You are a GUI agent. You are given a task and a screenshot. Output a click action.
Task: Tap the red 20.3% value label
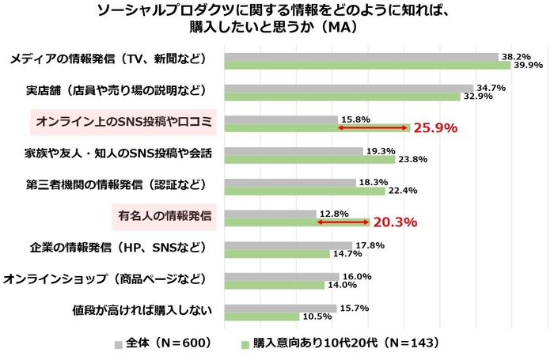pyautogui.click(x=395, y=222)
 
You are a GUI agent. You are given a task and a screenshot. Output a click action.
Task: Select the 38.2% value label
pyautogui.click(x=516, y=57)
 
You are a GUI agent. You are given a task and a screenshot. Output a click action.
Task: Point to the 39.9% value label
pyautogui.click(x=528, y=66)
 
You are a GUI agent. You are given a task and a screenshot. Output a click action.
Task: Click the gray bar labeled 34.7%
pyautogui.click(x=348, y=88)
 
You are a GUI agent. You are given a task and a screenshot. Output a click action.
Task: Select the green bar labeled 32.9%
pyautogui.click(x=342, y=97)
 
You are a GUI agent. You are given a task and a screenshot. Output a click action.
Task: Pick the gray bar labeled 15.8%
pyautogui.click(x=281, y=119)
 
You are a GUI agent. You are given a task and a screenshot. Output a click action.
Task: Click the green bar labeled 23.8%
pyautogui.click(x=309, y=159)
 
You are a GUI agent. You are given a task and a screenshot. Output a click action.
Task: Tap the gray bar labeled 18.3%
pyautogui.click(x=290, y=182)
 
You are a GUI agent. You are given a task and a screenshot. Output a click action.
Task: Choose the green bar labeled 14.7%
pyautogui.click(x=277, y=254)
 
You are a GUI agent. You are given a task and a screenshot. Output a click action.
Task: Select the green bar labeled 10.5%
pyautogui.click(x=262, y=316)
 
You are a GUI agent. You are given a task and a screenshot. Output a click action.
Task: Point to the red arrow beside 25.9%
pyautogui.click(x=373, y=127)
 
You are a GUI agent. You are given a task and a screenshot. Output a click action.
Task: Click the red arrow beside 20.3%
pyautogui.click(x=343, y=222)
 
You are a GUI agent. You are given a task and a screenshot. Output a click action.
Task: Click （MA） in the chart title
pyautogui.click(x=339, y=26)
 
